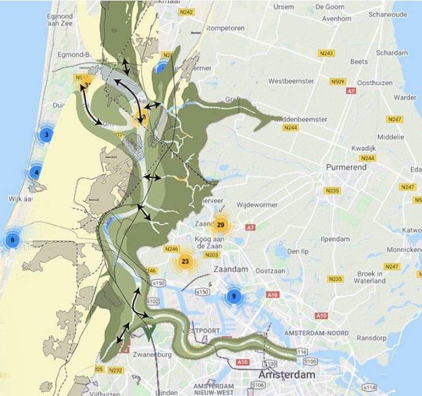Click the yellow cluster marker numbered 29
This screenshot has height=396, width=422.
point(221,225)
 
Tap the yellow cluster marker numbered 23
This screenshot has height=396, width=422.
point(185,262)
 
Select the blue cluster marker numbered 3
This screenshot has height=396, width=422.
point(46,133)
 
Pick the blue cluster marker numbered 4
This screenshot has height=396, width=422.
point(37,173)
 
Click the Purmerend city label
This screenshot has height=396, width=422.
point(345,167)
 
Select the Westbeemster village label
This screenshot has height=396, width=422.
point(291,80)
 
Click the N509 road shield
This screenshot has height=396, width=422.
point(338,81)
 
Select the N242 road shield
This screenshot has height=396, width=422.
point(187,12)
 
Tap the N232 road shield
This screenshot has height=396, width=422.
point(116,370)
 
